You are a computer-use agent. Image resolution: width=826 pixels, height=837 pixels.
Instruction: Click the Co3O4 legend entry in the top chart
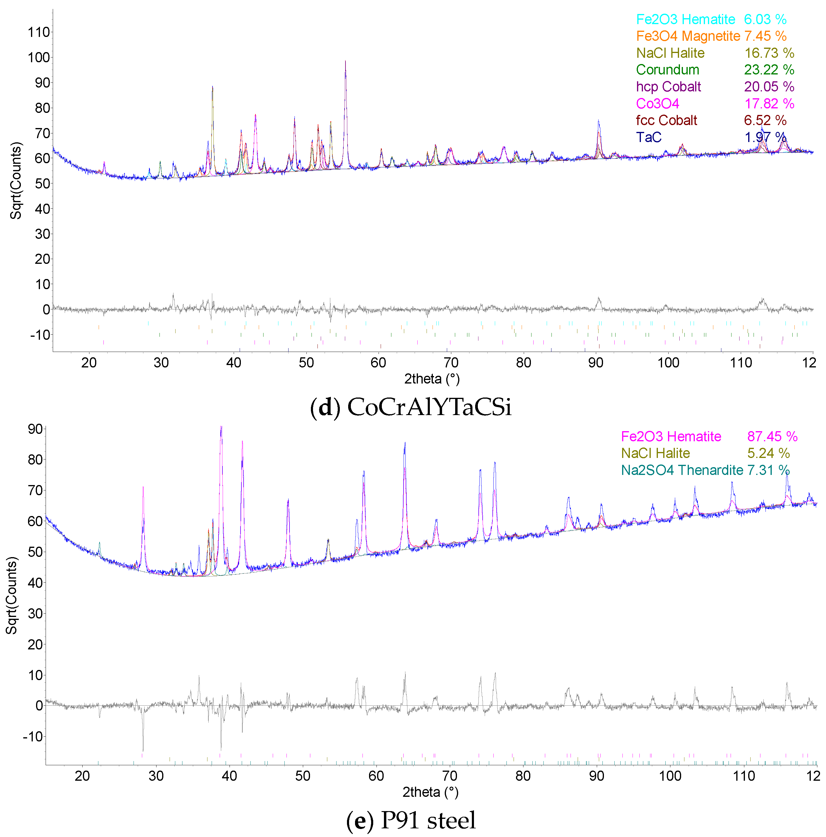tap(657, 104)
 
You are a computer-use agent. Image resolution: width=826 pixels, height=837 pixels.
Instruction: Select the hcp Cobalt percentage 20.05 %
tap(769, 87)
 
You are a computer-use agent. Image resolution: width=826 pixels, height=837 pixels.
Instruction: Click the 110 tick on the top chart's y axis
tap(38, 32)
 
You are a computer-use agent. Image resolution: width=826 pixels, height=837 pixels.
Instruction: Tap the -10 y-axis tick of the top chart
tap(40, 335)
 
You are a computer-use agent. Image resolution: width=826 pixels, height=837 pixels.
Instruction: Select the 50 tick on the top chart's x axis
tap(306, 363)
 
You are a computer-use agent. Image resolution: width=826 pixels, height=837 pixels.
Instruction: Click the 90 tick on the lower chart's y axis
tap(35, 429)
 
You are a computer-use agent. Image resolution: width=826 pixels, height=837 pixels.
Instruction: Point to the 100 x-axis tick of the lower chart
tap(670, 776)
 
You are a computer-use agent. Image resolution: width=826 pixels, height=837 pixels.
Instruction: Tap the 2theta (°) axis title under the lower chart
tap(430, 792)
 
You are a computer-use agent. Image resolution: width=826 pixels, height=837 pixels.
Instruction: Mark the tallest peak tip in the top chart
tap(345, 61)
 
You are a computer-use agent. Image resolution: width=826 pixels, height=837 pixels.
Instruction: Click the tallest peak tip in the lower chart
tap(221, 427)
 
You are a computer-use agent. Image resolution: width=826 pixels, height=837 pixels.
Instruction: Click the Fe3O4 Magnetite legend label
tap(688, 36)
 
